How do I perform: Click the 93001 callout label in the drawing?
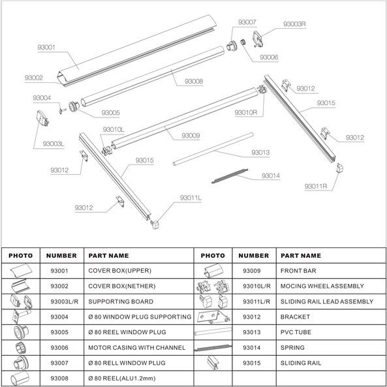46,47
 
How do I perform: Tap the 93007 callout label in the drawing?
247,22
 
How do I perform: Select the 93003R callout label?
294,24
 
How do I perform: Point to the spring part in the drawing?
230,176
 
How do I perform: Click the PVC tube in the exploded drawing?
213,149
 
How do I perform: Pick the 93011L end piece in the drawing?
155,224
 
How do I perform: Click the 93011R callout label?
316,187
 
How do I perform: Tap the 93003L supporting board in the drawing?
42,118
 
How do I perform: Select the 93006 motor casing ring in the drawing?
243,42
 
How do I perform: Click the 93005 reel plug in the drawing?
74,106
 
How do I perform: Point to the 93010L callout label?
114,130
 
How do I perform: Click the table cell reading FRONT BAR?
298,271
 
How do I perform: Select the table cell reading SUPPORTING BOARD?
121,302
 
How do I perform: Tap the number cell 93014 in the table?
251,347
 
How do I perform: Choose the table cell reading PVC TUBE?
296,332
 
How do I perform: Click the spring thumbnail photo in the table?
213,348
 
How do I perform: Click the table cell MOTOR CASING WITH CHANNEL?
137,347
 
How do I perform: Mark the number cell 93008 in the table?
59,379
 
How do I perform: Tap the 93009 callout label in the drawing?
191,136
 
